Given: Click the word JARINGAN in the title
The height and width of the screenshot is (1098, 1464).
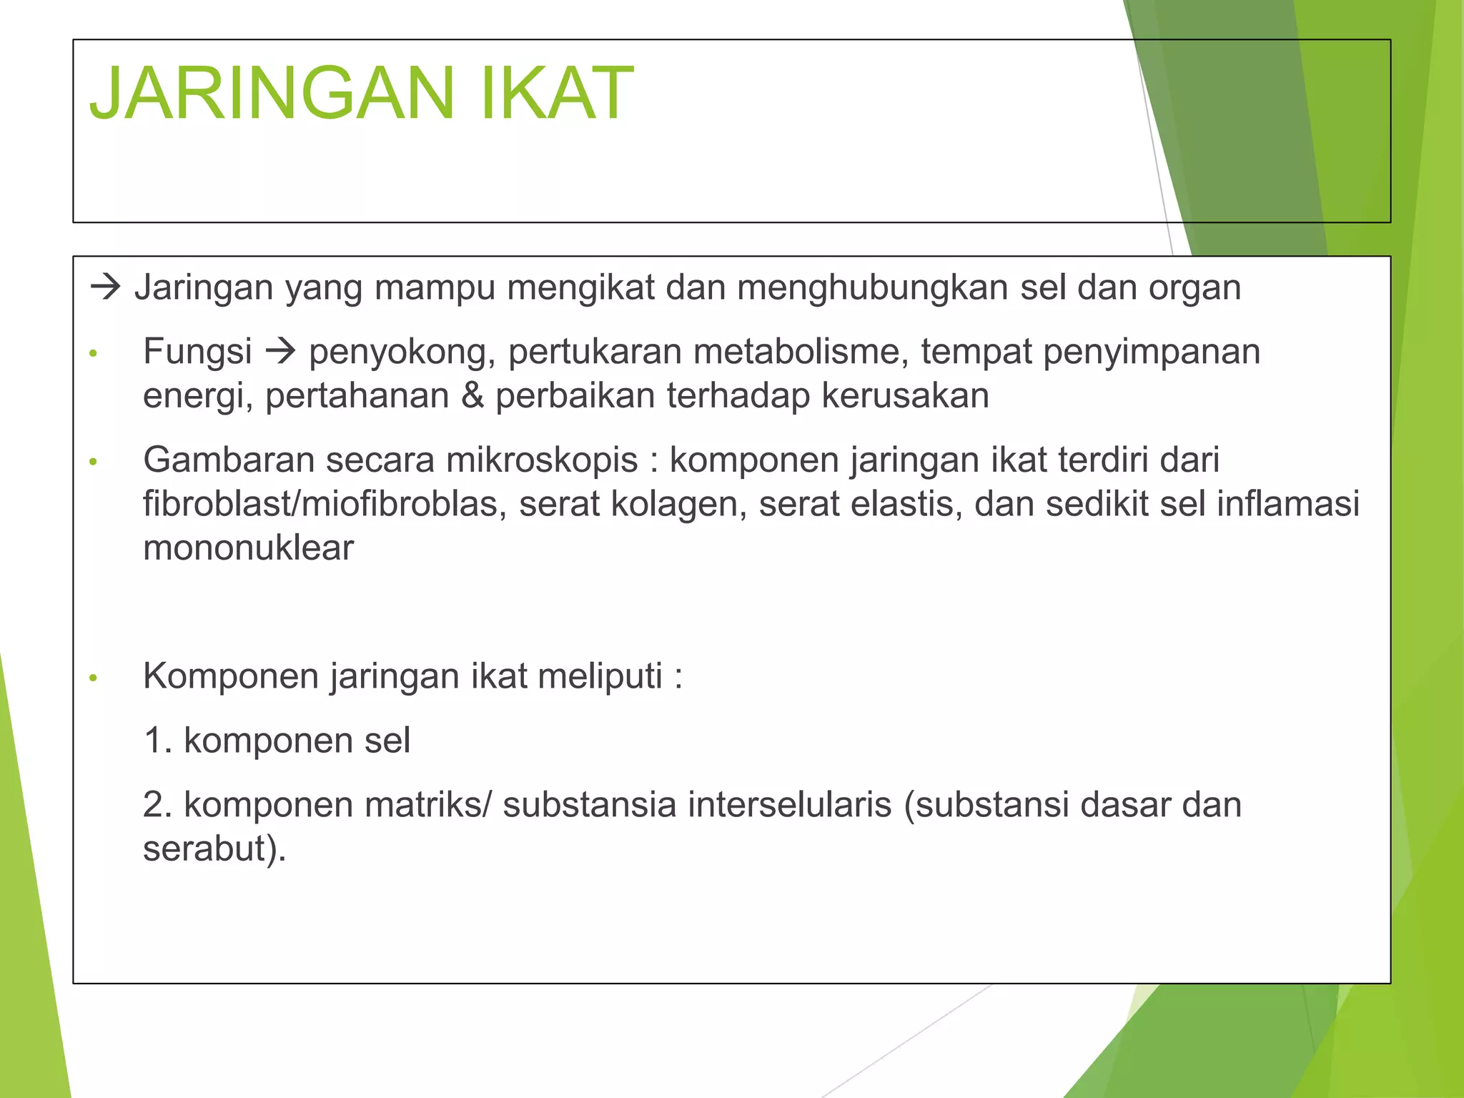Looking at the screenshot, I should click(x=272, y=94).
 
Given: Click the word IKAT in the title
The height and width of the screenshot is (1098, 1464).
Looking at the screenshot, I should click(x=557, y=94).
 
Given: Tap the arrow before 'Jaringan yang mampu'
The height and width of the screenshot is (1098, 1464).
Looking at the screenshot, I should click(x=106, y=288).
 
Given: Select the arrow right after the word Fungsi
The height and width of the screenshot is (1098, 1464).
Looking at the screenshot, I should click(x=280, y=352).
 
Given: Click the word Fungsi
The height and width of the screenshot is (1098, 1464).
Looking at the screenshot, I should click(x=197, y=352).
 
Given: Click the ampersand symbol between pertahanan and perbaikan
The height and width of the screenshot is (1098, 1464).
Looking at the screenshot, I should click(x=472, y=396).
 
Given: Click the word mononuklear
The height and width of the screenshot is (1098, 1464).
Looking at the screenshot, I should click(x=248, y=548).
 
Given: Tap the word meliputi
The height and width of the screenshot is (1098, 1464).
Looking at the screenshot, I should click(x=600, y=676).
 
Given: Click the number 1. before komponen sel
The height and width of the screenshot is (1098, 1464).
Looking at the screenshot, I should click(x=157, y=741).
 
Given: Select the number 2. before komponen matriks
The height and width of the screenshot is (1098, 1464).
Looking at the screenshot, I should click(x=157, y=805).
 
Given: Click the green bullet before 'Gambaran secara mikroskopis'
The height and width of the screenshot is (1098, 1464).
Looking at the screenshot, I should click(x=92, y=463).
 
